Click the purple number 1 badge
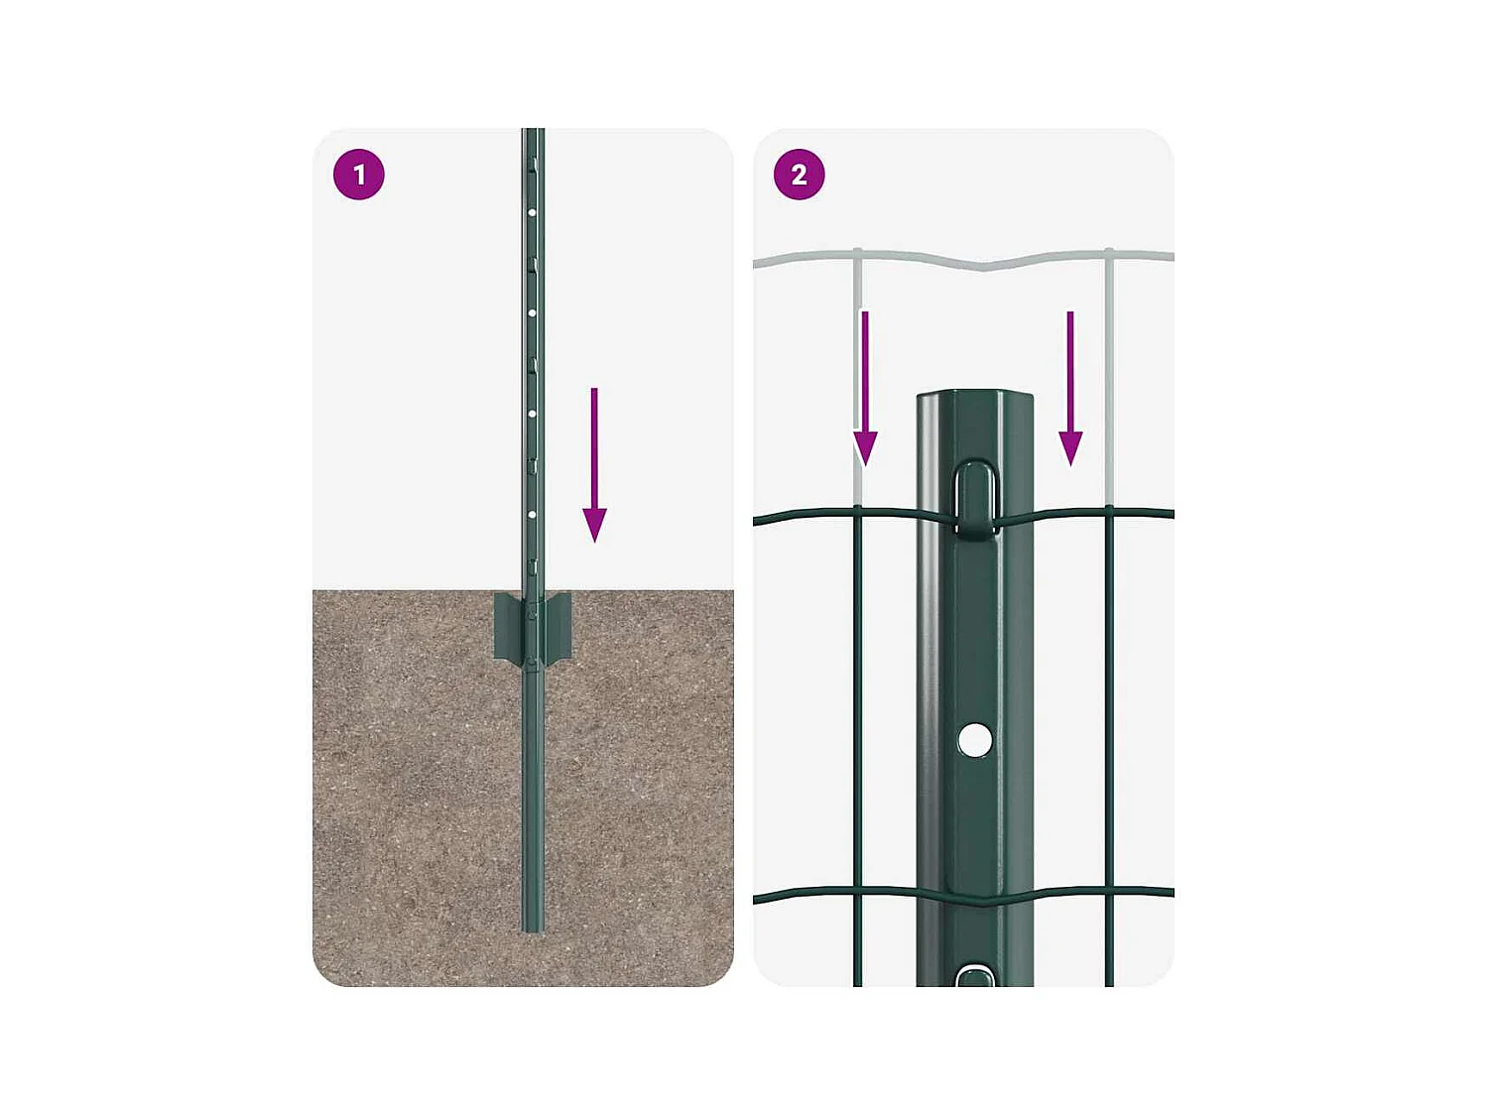[358, 175]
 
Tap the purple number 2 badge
[799, 175]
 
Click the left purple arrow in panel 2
[865, 388]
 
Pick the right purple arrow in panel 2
[1070, 388]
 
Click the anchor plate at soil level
[533, 627]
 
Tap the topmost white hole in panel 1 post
[533, 212]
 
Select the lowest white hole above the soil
[533, 515]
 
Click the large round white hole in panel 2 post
[975, 740]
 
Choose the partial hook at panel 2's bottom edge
[975, 977]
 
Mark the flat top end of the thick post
[974, 397]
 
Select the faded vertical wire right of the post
[1109, 377]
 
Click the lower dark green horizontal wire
[813, 894]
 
